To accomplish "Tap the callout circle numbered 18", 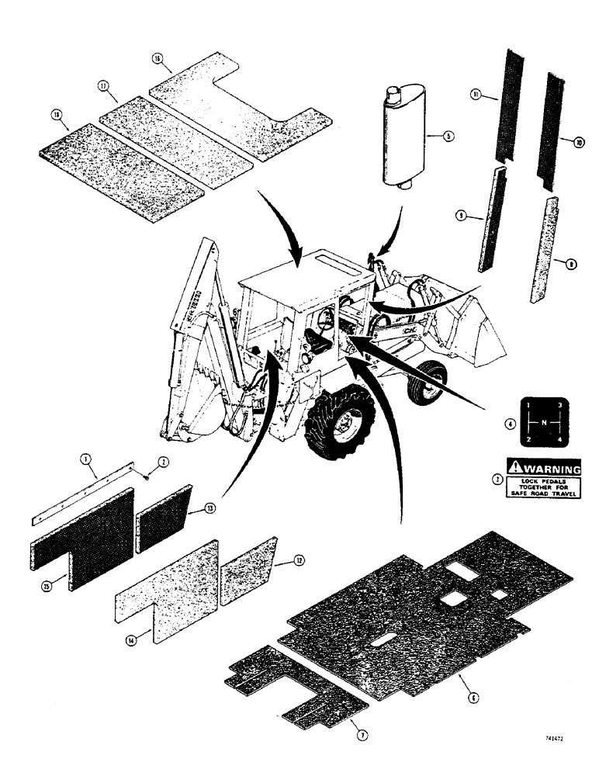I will pyautogui.click(x=56, y=114).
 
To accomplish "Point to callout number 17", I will pyautogui.click(x=102, y=87).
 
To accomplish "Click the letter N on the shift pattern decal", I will pyautogui.click(x=545, y=421).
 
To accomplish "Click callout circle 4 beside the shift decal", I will pyautogui.click(x=507, y=424).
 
